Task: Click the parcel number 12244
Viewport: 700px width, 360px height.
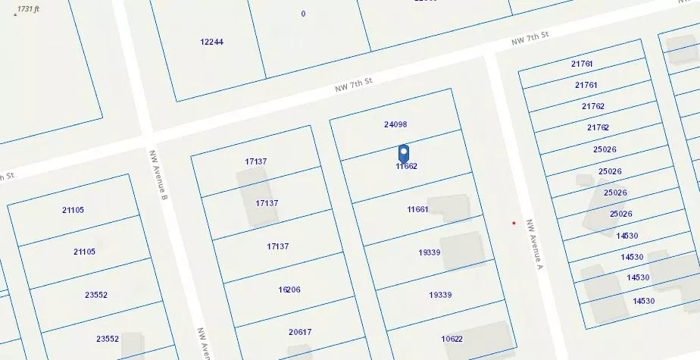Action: click(211, 42)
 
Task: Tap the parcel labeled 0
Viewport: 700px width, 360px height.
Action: click(303, 14)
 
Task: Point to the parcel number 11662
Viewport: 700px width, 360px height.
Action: click(407, 166)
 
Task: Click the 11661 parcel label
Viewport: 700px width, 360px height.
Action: click(417, 209)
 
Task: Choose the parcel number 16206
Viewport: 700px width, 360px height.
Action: click(289, 290)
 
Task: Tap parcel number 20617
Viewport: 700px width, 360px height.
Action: click(300, 332)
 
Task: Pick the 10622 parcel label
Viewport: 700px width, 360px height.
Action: click(452, 339)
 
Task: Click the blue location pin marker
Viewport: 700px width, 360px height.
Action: click(404, 152)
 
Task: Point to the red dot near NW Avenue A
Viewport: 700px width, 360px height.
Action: click(514, 223)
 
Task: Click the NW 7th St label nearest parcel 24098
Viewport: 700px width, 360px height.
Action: click(355, 84)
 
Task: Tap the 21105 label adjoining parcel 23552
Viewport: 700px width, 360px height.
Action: click(84, 252)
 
